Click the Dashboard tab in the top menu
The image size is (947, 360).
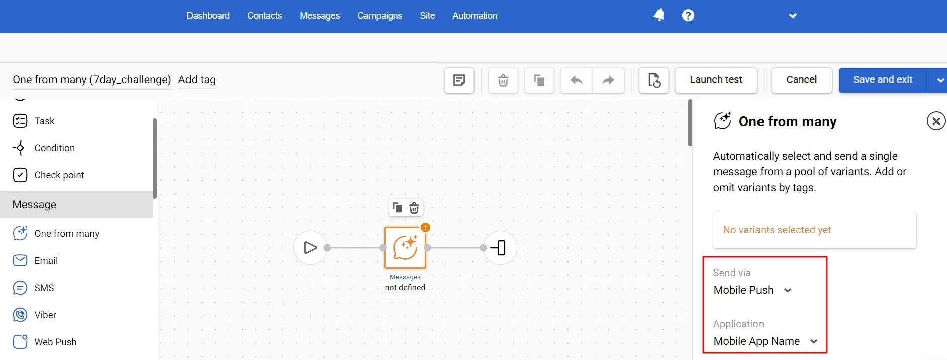point(208,16)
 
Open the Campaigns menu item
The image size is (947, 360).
point(380,16)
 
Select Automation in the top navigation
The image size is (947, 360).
point(475,16)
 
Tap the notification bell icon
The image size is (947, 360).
point(658,15)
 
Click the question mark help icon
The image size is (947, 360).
point(688,15)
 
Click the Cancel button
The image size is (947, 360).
point(801,80)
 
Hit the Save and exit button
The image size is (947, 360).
point(883,80)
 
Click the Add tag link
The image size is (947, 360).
point(197,80)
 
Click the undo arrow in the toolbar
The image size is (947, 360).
point(577,80)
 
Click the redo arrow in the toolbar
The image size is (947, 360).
point(608,80)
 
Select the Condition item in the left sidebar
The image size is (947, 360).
point(54,148)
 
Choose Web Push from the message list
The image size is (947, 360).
point(55,342)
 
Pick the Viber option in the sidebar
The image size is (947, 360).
point(45,315)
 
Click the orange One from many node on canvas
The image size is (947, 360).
point(405,248)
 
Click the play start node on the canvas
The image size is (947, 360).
point(310,248)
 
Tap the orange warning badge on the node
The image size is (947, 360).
point(425,228)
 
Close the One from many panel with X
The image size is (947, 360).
point(936,121)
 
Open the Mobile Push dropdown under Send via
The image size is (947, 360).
point(752,290)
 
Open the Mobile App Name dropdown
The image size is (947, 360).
point(766,341)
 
